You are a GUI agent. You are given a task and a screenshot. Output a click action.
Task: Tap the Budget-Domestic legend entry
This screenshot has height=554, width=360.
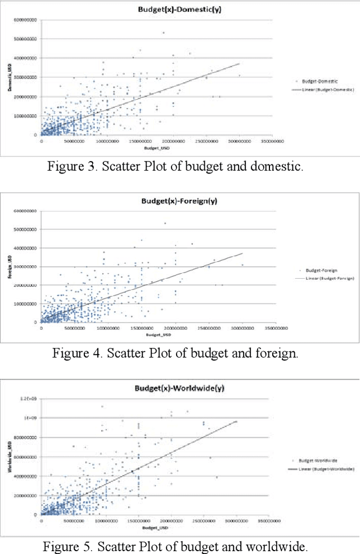click(316, 82)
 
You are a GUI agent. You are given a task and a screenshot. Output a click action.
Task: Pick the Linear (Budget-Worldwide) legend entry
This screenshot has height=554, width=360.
click(323, 468)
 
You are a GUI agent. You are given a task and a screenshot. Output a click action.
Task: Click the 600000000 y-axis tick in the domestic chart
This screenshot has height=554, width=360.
click(25, 20)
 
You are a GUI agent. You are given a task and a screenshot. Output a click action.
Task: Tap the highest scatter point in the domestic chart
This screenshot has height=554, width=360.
click(164, 33)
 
